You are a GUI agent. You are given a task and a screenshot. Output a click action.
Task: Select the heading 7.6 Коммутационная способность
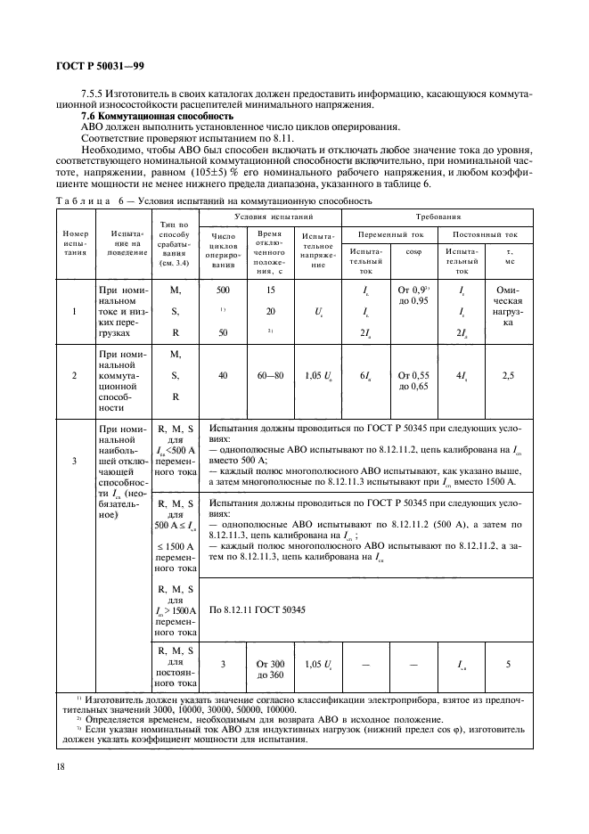[x=157, y=117]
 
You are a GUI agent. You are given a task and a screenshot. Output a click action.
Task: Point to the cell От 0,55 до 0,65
[x=413, y=376]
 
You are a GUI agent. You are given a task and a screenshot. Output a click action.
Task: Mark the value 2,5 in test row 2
[x=508, y=376]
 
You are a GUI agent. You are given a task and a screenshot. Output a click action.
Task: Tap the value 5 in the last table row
[x=508, y=664]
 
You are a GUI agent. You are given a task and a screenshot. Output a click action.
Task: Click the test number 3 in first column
[x=74, y=462]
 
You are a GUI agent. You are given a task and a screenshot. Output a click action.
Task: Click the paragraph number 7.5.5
[x=94, y=94]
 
